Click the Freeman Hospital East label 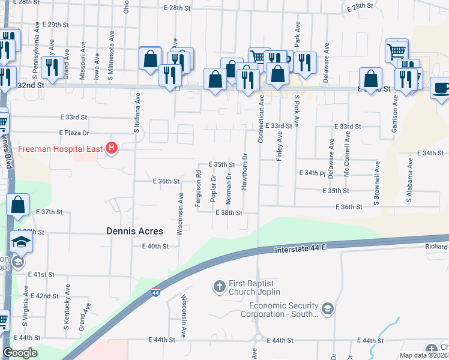(x=60, y=148)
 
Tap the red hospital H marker (x=111, y=148)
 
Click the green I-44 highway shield (x=155, y=293)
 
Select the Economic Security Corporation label (x=280, y=310)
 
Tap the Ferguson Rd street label (x=198, y=188)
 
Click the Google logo (x=20, y=353)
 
